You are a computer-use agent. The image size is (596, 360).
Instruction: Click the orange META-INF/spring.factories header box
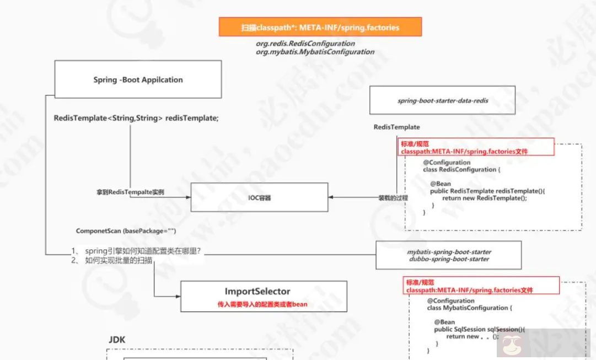click(x=320, y=27)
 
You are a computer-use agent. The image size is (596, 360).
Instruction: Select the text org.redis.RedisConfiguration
click(x=305, y=43)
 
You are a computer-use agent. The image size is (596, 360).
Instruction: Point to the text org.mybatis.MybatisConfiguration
click(x=314, y=52)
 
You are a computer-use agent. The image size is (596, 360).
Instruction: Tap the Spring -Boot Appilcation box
click(x=138, y=79)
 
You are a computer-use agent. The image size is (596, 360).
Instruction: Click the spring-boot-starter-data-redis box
click(x=443, y=100)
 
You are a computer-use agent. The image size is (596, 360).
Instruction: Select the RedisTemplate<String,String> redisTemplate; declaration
click(x=136, y=118)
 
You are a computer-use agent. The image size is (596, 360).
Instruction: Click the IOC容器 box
click(x=259, y=197)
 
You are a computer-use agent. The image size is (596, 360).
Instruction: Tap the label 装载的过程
click(x=393, y=197)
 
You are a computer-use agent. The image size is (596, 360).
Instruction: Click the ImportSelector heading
click(x=257, y=291)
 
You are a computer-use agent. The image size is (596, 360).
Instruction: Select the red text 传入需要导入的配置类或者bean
click(x=262, y=304)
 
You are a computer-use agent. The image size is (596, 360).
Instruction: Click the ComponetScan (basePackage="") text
click(x=126, y=231)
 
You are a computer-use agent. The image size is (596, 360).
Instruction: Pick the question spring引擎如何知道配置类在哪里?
click(x=143, y=251)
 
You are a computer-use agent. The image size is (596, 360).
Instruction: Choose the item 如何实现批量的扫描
click(x=119, y=260)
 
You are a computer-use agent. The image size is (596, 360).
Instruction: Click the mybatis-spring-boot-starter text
click(x=448, y=251)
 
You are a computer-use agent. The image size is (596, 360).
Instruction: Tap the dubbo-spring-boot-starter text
click(x=448, y=259)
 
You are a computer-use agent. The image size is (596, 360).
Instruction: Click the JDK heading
click(x=116, y=340)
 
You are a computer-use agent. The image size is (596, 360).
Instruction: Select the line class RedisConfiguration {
click(x=461, y=170)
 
